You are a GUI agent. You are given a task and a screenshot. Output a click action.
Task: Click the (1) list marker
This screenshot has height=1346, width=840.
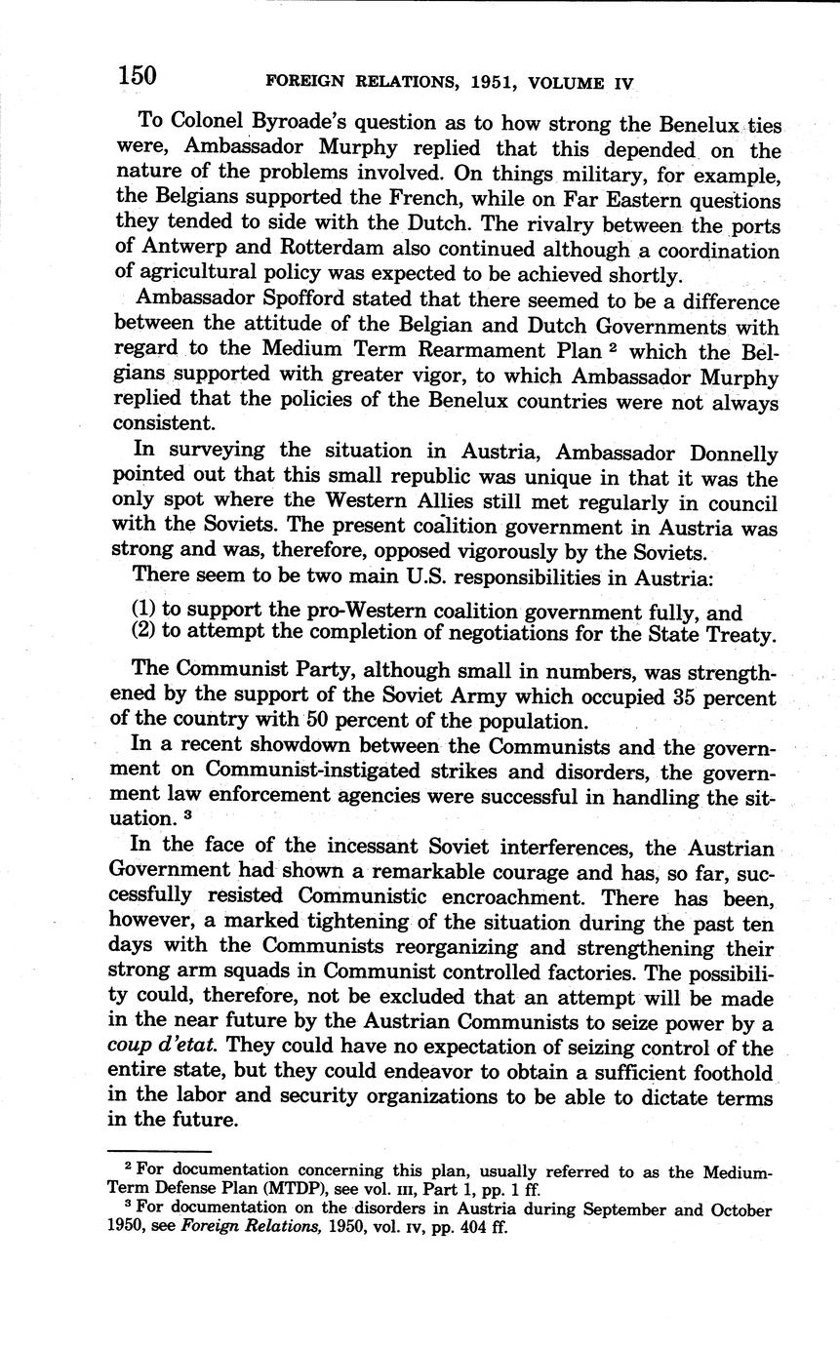pyautogui.click(x=144, y=612)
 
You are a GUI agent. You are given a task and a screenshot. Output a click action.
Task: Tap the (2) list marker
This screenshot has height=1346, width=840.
pyautogui.click(x=144, y=633)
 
